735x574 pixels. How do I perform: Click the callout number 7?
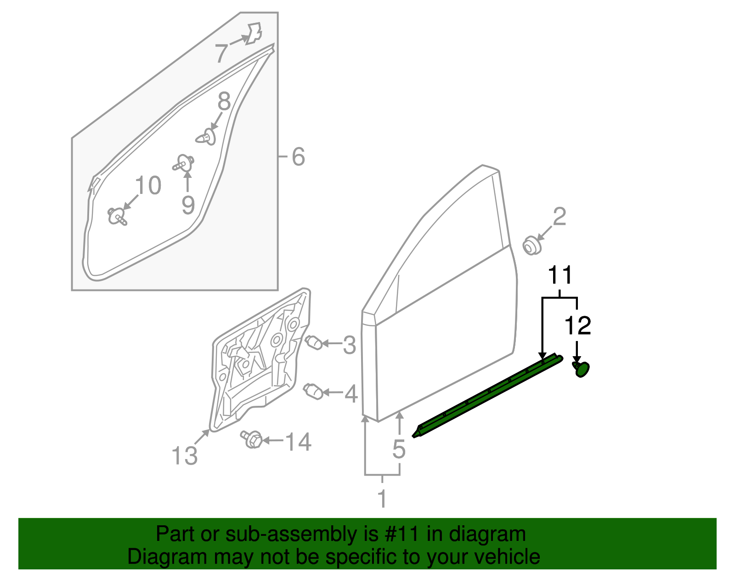coord(221,54)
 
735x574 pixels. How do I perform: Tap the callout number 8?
coord(224,102)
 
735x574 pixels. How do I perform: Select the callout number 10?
coord(148,186)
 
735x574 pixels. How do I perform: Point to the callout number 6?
coord(298,157)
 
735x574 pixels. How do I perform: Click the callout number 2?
coord(559,217)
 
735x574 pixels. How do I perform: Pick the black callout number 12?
coord(577,326)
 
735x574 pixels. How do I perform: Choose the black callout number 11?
coord(560,275)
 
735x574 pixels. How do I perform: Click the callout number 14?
coord(298,442)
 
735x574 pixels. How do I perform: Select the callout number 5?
coord(399,449)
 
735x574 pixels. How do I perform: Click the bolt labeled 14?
coord(252,439)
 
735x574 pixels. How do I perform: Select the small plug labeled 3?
coord(314,342)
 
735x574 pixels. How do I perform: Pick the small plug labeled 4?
coord(313,391)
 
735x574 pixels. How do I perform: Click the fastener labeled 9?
coord(184,163)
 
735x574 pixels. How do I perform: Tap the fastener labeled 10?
coord(117,216)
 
